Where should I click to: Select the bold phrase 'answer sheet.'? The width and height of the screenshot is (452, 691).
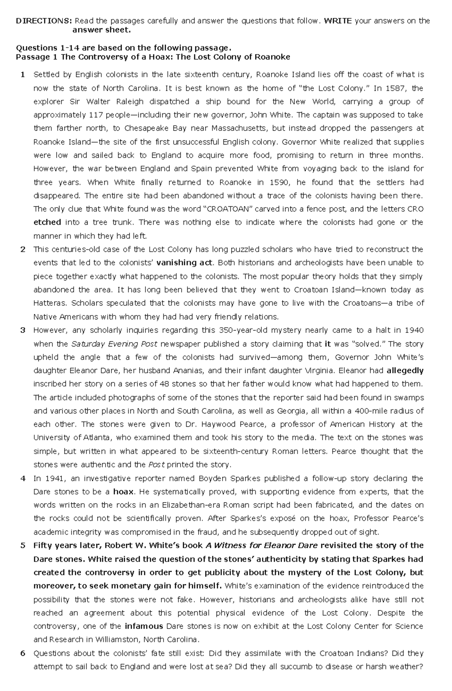coord(102,30)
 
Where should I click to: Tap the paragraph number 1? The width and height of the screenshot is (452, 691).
coord(23,75)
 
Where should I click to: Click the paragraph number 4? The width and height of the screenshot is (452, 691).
coord(23,479)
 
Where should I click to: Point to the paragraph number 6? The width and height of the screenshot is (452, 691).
coord(23,653)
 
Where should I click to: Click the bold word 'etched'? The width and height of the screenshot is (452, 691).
coord(47,223)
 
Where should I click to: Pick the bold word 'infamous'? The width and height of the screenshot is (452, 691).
coord(144,627)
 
